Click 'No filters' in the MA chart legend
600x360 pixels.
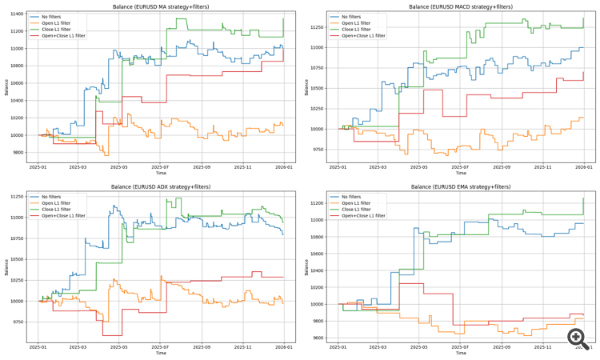point(50,17)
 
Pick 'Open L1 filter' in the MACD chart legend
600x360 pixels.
point(356,23)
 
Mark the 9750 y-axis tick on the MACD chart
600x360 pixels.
point(315,149)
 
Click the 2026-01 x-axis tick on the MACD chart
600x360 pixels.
point(584,166)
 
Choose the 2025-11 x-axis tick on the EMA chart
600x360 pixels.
point(542,346)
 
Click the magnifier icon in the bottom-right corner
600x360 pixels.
point(578,339)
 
